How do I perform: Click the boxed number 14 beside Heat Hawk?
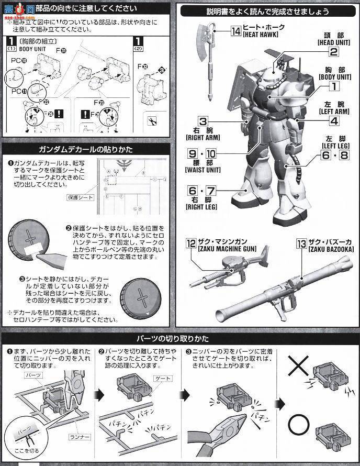(x=235, y=31)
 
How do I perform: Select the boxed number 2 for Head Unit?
(x=333, y=51)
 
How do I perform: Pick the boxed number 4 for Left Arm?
(x=333, y=120)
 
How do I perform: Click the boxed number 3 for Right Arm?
(x=203, y=121)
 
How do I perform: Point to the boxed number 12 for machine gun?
(x=192, y=243)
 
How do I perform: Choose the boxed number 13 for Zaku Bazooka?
(x=301, y=243)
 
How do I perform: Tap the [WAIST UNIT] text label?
(x=203, y=170)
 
